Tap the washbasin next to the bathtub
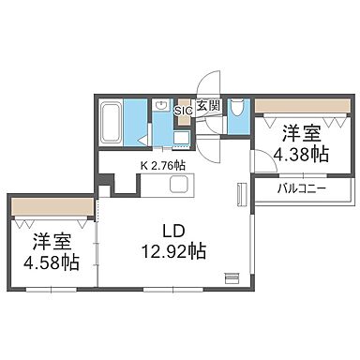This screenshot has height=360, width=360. (x=160, y=107)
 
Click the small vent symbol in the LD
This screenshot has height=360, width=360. (x=232, y=277)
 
